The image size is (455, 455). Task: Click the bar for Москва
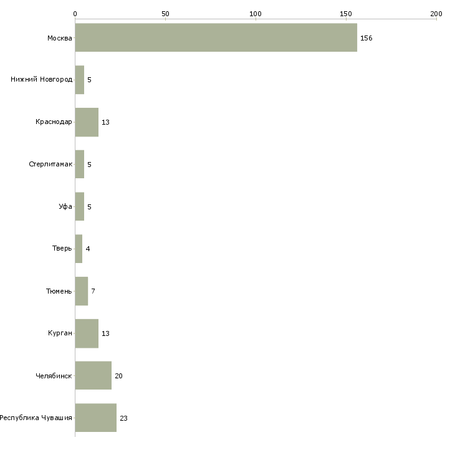(216, 38)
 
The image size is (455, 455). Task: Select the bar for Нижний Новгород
(80, 80)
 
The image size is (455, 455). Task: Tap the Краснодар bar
(87, 122)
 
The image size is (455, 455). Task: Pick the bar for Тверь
(79, 249)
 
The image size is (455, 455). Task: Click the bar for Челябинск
(93, 375)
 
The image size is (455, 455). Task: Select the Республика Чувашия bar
(96, 418)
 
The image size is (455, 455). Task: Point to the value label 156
(366, 38)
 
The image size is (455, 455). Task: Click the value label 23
(123, 418)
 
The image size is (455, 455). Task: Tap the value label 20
(118, 376)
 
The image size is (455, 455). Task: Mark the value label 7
(93, 291)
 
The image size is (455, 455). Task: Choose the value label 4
(88, 249)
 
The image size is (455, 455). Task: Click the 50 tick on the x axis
(165, 14)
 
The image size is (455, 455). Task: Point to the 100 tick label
(256, 14)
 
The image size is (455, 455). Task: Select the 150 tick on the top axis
(346, 14)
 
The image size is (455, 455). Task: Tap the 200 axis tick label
(436, 14)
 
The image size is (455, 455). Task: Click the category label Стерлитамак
(50, 165)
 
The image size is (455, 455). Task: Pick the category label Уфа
(65, 206)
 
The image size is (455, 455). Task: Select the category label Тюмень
(59, 291)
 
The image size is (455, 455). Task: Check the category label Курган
(60, 333)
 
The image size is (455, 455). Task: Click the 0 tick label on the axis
(75, 14)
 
